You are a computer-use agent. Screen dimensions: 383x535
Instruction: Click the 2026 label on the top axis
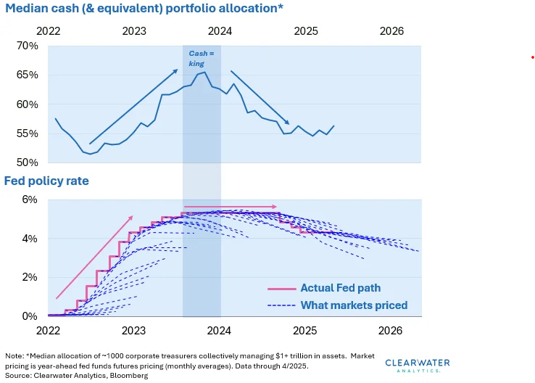[391, 31]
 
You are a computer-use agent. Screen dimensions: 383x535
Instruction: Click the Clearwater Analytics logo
[417, 365]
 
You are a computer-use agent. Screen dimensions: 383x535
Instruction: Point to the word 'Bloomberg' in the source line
[129, 376]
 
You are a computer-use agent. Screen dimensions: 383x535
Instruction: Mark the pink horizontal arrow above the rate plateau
[231, 207]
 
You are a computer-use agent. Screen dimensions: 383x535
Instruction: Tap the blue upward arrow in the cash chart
[133, 107]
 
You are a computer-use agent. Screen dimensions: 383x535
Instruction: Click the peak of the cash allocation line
[205, 72]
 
